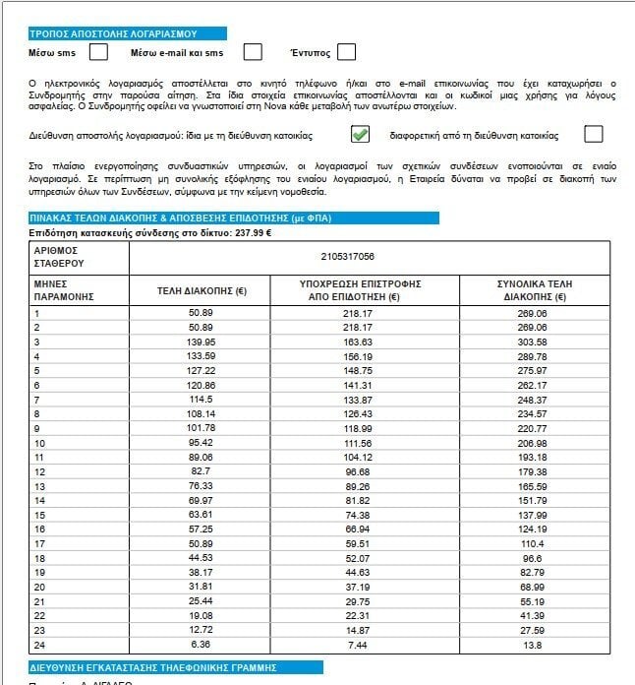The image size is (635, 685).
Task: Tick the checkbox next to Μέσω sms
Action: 98,52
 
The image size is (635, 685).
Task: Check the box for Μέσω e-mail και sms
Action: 253,52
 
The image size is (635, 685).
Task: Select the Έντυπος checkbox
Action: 346,52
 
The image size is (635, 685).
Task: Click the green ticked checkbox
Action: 361,135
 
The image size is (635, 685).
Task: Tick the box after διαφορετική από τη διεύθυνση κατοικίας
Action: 593,135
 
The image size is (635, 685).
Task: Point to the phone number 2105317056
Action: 347,256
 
